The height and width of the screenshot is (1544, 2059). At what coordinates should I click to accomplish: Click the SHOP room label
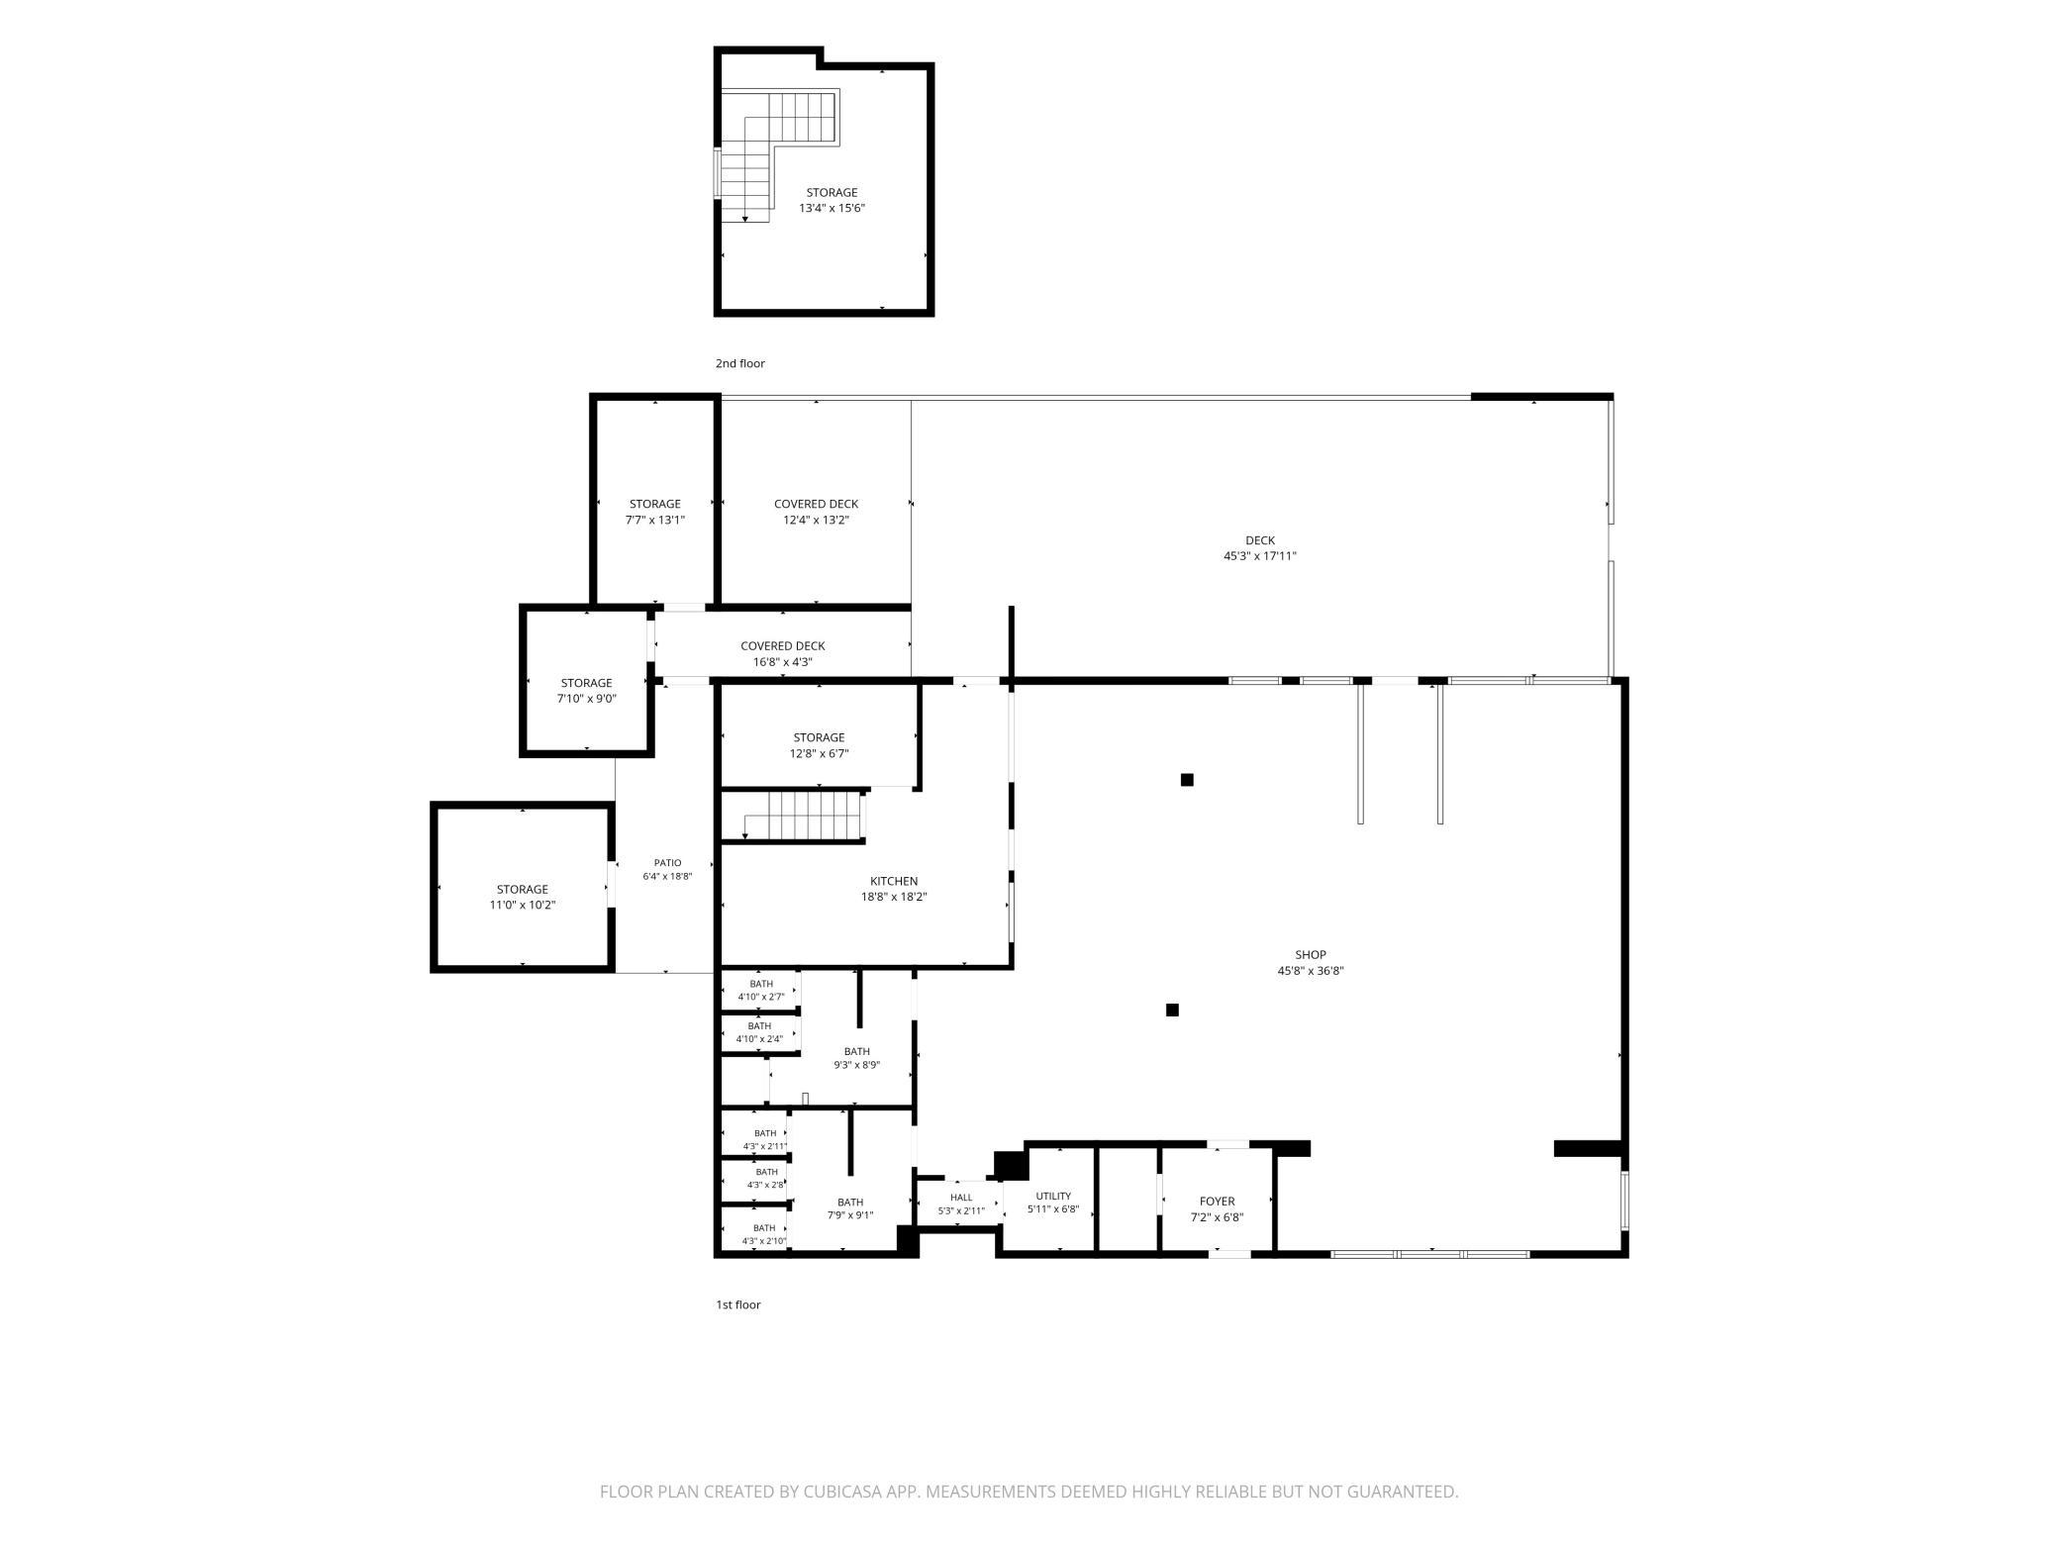(x=1310, y=955)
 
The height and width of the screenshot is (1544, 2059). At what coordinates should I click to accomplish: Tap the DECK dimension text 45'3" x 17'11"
(x=1260, y=556)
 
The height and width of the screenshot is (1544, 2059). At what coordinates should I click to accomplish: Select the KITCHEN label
(x=894, y=881)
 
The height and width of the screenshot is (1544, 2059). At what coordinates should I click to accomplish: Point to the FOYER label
(x=1217, y=1202)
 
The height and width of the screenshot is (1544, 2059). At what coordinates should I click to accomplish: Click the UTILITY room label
(x=1053, y=1196)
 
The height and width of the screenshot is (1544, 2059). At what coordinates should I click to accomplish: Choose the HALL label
(x=961, y=1198)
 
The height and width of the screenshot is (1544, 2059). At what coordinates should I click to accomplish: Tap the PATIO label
(x=667, y=863)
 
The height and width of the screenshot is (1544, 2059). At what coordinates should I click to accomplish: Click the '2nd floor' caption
(x=740, y=363)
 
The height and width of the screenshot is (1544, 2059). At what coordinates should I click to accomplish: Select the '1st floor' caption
(x=738, y=1304)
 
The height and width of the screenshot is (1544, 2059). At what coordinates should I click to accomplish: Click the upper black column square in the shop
(x=1187, y=780)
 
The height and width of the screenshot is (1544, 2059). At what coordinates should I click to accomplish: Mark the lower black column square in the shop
(x=1172, y=1010)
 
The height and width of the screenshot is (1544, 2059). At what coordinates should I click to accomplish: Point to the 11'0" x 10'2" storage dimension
(x=523, y=905)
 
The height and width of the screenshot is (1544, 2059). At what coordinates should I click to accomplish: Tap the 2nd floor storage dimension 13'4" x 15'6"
(x=833, y=208)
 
